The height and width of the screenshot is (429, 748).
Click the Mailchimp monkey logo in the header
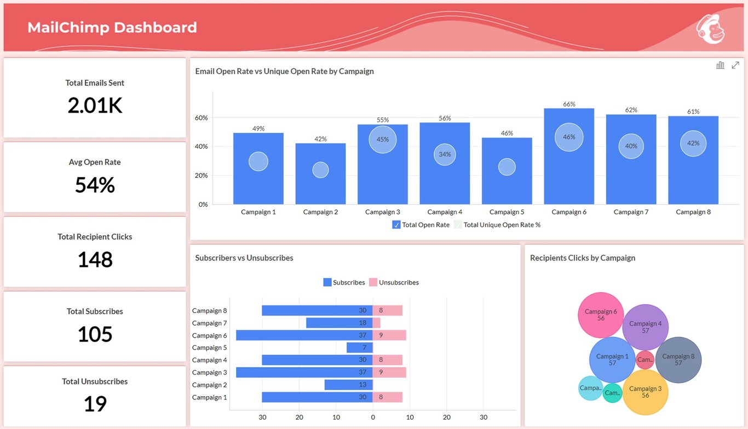coord(710,29)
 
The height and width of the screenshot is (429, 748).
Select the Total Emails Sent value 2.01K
coord(95,105)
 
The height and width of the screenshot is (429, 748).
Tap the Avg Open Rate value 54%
coord(95,185)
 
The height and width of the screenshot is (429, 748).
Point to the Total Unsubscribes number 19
coord(95,403)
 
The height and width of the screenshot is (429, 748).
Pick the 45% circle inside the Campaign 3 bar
coord(382,139)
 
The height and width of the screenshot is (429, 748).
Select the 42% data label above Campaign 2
coord(320,139)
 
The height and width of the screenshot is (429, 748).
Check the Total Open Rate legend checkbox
coord(396,225)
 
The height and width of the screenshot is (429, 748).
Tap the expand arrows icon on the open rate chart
coord(735,65)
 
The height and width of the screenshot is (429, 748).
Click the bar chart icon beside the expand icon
coord(720,65)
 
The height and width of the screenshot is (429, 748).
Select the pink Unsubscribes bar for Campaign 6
coord(389,335)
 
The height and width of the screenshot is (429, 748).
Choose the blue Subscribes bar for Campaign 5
coord(359,347)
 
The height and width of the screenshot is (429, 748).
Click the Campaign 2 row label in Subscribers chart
coord(209,385)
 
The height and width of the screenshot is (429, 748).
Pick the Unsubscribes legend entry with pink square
coord(394,282)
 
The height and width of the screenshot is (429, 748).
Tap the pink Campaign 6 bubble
coord(601,315)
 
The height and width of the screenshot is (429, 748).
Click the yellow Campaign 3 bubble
coord(645,392)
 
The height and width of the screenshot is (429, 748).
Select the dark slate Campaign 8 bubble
coord(678,360)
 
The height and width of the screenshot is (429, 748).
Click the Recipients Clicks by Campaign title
coord(582,258)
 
